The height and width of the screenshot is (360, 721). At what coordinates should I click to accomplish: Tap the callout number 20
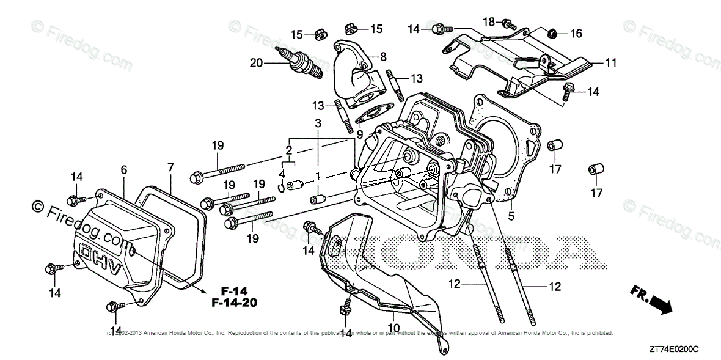point(256,62)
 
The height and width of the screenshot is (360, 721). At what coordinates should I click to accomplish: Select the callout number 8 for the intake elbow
point(383,57)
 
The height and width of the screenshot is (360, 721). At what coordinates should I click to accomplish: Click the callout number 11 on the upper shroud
point(611,63)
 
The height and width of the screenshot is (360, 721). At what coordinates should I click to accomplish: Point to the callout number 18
point(488,21)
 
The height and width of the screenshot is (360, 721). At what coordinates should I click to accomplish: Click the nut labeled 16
point(552,33)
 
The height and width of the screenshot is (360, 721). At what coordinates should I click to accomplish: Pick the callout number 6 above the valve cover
point(123,169)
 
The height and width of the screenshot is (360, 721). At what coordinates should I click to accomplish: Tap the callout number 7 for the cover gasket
point(170,166)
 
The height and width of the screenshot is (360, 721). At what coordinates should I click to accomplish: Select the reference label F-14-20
point(235,302)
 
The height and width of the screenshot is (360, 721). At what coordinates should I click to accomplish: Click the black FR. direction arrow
point(657,301)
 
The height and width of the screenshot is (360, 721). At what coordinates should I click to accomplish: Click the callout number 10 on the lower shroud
point(394,328)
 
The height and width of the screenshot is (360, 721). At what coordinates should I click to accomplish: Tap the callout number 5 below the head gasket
point(511,215)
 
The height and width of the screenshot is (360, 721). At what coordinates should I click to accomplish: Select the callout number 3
point(318,123)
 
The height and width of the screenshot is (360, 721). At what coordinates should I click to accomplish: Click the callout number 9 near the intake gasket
point(360,133)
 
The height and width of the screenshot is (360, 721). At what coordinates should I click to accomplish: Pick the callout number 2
point(288,150)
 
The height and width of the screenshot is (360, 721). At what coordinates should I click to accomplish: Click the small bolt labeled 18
point(506,24)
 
